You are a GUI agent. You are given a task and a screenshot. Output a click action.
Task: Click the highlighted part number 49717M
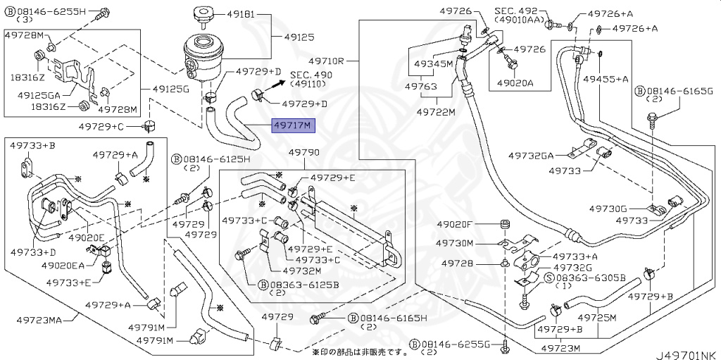click(x=294, y=127)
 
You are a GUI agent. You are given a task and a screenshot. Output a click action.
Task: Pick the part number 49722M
click(x=436, y=111)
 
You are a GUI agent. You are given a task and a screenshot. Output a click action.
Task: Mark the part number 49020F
click(x=457, y=225)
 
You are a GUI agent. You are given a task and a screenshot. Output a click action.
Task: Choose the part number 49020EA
click(x=62, y=265)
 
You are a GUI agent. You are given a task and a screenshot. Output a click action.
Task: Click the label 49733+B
click(x=32, y=145)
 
